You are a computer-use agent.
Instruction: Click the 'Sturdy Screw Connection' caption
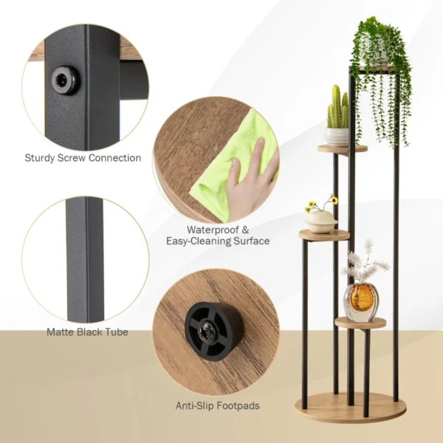(83, 157)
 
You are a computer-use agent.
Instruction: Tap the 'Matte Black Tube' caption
(87, 332)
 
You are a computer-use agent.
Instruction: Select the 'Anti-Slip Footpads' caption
(217, 405)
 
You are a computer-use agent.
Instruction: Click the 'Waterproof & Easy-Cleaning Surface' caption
(217, 235)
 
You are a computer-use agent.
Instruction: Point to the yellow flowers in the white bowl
(322, 205)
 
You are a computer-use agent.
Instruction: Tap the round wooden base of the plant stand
(347, 408)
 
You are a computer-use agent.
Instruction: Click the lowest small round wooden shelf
(360, 323)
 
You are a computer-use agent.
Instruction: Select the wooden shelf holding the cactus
(342, 148)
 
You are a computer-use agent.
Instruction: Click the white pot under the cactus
(337, 136)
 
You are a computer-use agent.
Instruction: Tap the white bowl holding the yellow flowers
(321, 221)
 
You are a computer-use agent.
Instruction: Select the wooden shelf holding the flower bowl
(323, 236)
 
